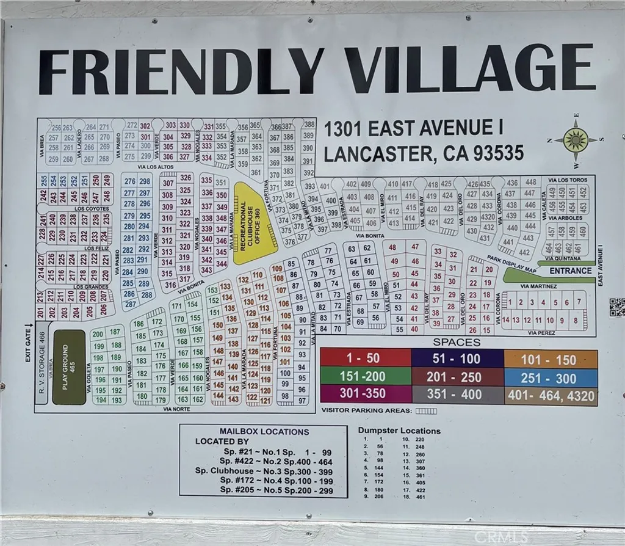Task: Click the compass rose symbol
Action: pyautogui.click(x=576, y=140)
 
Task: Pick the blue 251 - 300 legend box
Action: pyautogui.click(x=551, y=378)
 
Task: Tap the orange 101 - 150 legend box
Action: pyautogui.click(x=551, y=359)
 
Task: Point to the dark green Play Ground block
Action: pyautogui.click(x=69, y=367)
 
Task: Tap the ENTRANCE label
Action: pyautogui.click(x=571, y=271)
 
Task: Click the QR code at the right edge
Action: pyautogui.click(x=616, y=307)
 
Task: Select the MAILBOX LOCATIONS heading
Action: pyautogui.click(x=264, y=431)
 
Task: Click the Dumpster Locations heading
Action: pyautogui.click(x=399, y=431)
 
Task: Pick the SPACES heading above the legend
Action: pyautogui.click(x=456, y=343)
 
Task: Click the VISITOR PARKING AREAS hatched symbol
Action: pyautogui.click(x=426, y=411)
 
